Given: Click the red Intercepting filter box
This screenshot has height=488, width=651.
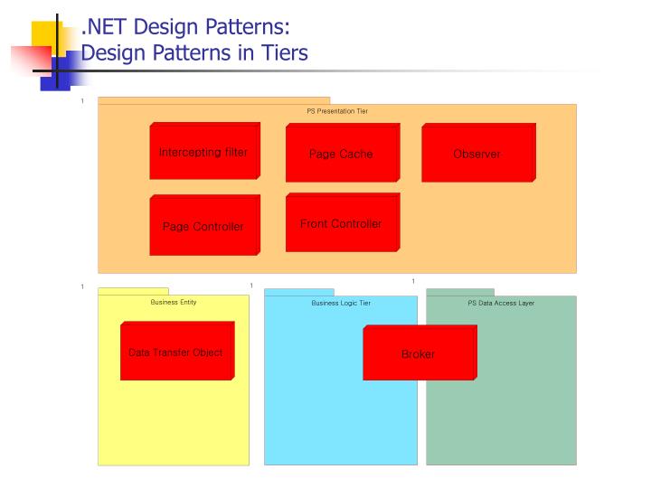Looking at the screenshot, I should coord(204,151).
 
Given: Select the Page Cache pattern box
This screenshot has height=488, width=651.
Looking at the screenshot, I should coord(342,153).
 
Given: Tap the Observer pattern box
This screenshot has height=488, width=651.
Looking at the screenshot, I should coord(478,153).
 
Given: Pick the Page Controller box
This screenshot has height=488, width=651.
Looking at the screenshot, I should coord(204,225).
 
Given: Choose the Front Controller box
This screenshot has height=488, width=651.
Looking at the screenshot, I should coord(342,222).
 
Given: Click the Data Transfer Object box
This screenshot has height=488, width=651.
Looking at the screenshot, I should coord(177,351).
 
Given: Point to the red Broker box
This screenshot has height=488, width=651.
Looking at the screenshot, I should coord(420,353).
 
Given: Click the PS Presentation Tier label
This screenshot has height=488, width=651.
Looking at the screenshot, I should coord(337,111).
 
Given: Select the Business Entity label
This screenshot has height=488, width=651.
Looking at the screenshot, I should coord(174,302).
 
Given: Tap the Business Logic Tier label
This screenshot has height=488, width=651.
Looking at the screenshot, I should coord(341,303).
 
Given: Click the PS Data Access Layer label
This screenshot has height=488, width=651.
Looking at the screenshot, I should coord(501,303).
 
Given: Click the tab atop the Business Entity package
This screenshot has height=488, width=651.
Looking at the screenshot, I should coord(133,291).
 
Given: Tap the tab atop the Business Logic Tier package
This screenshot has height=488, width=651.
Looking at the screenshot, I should coord(299,292).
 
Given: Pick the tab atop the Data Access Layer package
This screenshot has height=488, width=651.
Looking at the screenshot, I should coord(460,292).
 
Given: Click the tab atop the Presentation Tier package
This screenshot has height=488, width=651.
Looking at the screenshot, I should coord(213,100).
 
